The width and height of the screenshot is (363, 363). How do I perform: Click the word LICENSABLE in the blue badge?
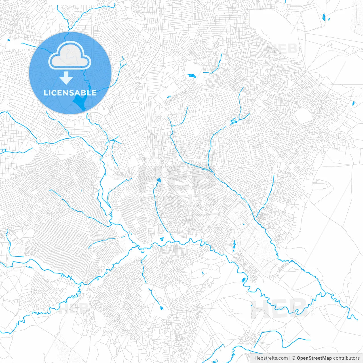click(x=70, y=93)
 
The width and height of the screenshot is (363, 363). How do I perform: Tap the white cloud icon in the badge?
click(x=70, y=56)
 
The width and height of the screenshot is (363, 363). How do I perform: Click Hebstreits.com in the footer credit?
click(x=271, y=358)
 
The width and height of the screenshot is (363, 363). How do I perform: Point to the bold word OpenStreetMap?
click(x=314, y=358)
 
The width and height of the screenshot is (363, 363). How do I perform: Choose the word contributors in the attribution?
click(x=346, y=358)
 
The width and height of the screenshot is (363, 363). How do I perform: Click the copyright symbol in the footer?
click(x=294, y=358)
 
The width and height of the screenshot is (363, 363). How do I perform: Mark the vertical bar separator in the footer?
click(x=290, y=358)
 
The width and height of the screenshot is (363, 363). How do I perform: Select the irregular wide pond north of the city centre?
click(x=191, y=76)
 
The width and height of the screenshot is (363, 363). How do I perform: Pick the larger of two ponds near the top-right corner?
click(x=324, y=17)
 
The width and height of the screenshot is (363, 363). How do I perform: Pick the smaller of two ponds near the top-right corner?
click(x=329, y=20)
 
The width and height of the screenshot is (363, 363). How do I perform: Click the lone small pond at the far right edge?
click(x=353, y=103)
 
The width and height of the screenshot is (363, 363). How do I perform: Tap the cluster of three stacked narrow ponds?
click(x=234, y=246)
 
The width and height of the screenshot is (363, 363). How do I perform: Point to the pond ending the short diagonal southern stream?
click(x=162, y=308)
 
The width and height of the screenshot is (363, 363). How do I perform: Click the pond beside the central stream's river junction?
click(x=162, y=239)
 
